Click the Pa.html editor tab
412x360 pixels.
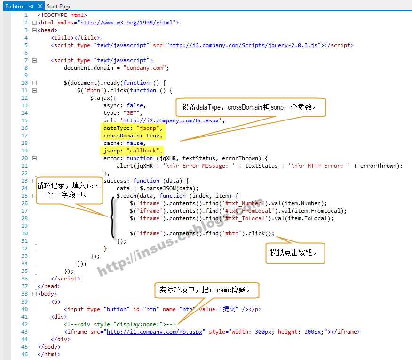(15, 6)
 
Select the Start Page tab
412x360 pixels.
(59, 7)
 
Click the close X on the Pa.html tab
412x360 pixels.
(40, 6)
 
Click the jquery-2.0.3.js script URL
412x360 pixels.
(243, 45)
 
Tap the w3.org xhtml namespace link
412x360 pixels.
(127, 23)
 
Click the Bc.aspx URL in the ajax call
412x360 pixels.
(171, 120)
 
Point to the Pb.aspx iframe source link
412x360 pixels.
(154, 332)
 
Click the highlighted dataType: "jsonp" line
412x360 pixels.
(133, 128)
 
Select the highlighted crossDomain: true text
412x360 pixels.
(133, 136)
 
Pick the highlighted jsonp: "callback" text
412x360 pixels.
(133, 151)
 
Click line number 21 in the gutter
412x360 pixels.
(24, 166)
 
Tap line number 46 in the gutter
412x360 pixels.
(24, 354)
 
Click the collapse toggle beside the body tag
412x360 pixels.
(34, 294)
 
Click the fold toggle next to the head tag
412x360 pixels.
(34, 30)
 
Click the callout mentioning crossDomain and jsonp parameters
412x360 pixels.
(251, 107)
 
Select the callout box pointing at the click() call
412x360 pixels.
(295, 253)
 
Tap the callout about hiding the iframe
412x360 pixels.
(207, 290)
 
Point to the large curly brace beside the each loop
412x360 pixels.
(113, 217)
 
